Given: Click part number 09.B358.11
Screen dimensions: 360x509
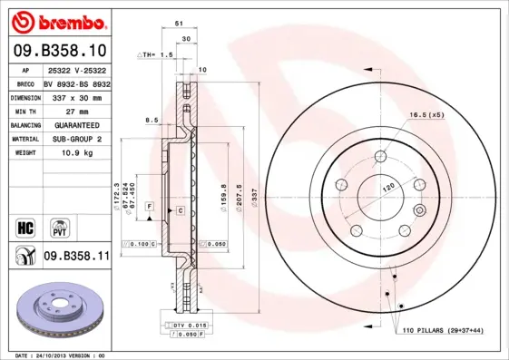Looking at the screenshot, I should coord(76,257).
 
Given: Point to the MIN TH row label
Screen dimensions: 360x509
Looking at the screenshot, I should coord(24,110).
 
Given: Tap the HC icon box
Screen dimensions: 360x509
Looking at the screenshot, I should coord(25,225).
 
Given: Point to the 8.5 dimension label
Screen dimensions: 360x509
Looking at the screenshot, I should coord(151,120).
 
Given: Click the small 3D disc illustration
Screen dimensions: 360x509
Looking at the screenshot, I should coord(63,311).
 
